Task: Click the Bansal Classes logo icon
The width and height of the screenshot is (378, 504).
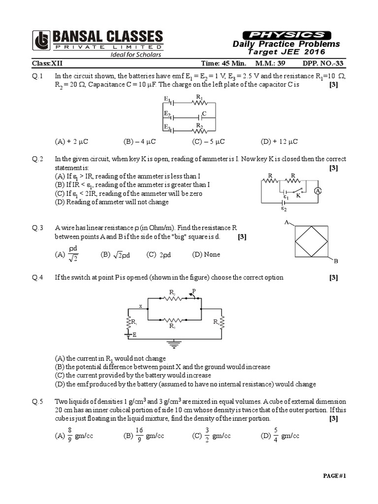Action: click(41, 40)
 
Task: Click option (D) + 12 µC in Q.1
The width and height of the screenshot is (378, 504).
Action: click(280, 141)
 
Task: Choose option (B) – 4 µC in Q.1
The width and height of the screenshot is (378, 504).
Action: click(140, 141)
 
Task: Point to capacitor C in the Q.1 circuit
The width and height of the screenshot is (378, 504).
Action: click(200, 117)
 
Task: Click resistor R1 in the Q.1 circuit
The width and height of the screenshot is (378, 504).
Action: click(199, 103)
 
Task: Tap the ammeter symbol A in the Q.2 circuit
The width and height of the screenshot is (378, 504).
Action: click(318, 190)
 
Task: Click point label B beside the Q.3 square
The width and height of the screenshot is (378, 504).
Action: click(336, 261)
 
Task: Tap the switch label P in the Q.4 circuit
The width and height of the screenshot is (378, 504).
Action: click(194, 291)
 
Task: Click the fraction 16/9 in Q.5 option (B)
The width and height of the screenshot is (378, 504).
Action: click(139, 435)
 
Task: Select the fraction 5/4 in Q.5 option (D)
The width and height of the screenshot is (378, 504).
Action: click(276, 435)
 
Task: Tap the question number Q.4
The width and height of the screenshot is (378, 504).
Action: click(38, 277)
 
